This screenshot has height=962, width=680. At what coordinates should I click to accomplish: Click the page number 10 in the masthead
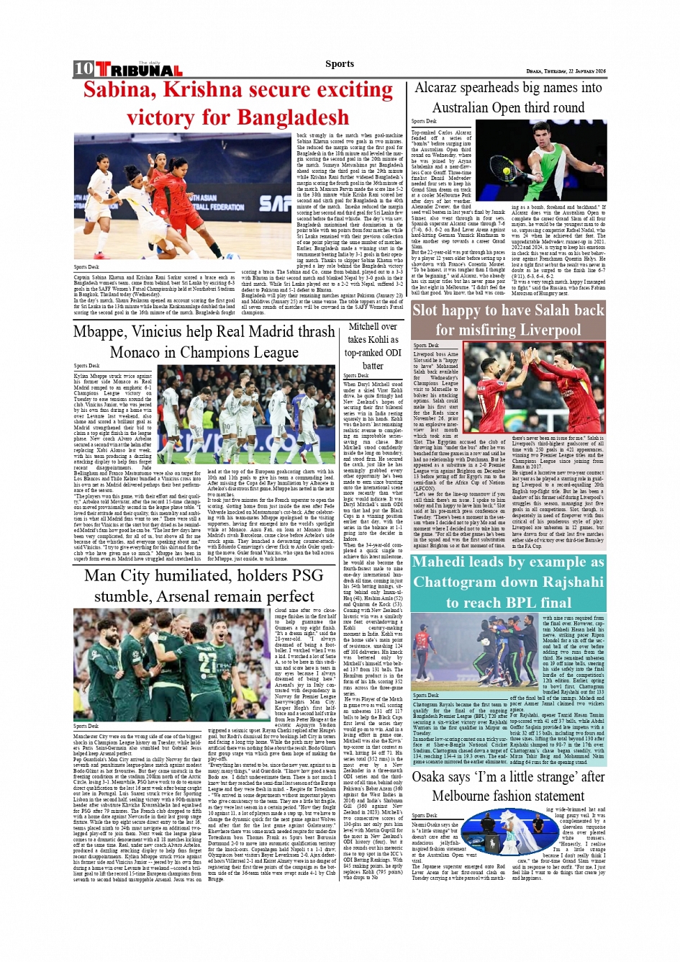click(83, 69)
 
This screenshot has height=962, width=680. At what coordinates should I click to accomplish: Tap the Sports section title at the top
click(340, 63)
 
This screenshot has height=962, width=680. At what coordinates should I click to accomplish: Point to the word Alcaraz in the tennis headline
click(439, 88)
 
